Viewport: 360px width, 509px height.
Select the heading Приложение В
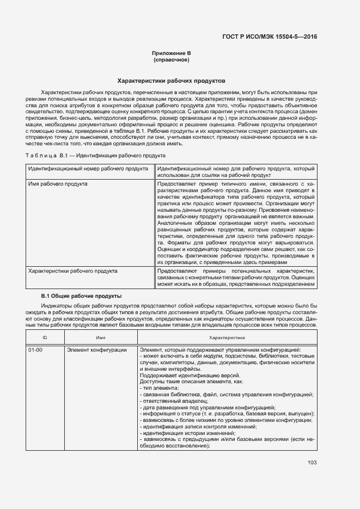point(172,53)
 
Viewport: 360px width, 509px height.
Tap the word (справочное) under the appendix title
point(172,59)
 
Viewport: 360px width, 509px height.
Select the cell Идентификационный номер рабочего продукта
point(88,169)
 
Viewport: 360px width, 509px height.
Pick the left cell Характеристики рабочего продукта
point(72,270)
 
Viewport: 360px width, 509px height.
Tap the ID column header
point(45,338)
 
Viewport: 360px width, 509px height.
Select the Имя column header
point(101,338)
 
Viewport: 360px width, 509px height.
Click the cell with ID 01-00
point(35,349)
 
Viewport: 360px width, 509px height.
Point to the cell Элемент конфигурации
point(97,349)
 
